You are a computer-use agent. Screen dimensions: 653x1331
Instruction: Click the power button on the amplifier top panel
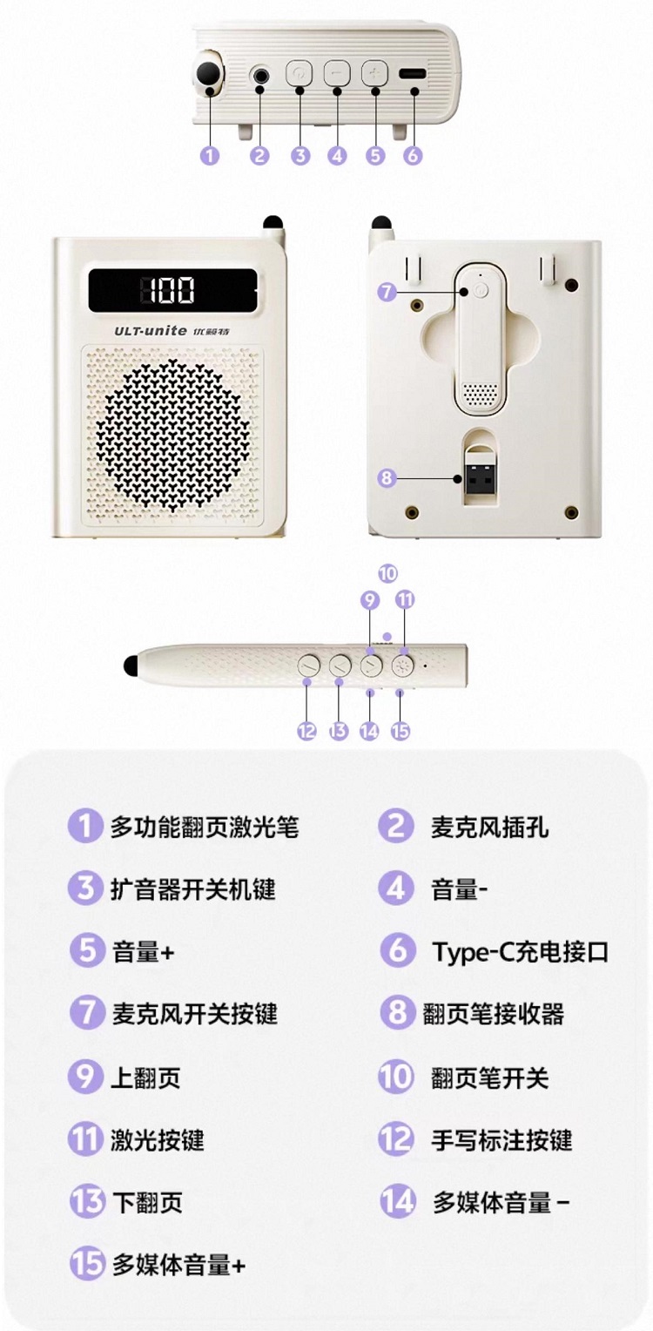pyautogui.click(x=299, y=74)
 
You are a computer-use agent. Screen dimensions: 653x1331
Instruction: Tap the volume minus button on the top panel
pyautogui.click(x=337, y=74)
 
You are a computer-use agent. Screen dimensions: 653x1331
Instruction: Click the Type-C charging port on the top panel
pyautogui.click(x=413, y=74)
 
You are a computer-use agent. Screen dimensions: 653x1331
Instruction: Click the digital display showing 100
pyautogui.click(x=173, y=290)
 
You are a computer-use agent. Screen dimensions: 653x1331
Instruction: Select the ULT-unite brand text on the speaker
pyautogui.click(x=151, y=330)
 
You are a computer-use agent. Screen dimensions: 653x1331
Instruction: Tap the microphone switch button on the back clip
pyautogui.click(x=481, y=291)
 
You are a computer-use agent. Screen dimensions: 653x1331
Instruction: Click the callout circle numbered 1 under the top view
pyautogui.click(x=210, y=156)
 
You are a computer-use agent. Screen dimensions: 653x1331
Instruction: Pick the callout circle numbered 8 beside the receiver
pyautogui.click(x=387, y=477)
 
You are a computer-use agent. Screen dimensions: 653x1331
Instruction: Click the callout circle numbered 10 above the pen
pyautogui.click(x=387, y=573)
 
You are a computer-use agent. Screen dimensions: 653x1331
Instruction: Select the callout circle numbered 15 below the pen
pyautogui.click(x=401, y=731)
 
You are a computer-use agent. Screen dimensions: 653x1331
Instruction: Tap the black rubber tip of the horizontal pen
pyautogui.click(x=131, y=665)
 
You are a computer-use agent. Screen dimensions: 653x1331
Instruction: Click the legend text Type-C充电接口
pyautogui.click(x=521, y=951)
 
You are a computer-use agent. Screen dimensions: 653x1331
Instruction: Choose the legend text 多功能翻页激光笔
pyautogui.click(x=205, y=827)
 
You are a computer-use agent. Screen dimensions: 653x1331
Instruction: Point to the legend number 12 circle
pyautogui.click(x=396, y=1139)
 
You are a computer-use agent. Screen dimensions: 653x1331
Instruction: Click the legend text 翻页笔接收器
pyautogui.click(x=493, y=1014)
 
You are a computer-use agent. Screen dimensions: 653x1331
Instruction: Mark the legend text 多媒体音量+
pyautogui.click(x=178, y=1265)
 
